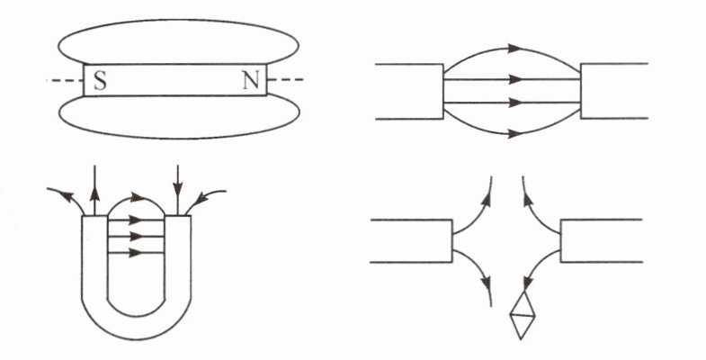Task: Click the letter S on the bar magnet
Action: pyautogui.click(x=100, y=81)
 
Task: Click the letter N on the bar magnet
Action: pyautogui.click(x=251, y=81)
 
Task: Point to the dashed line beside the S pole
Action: pyautogui.click(x=65, y=81)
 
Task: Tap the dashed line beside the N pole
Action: pyautogui.click(x=286, y=81)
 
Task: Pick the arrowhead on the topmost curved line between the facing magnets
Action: pyautogui.click(x=514, y=48)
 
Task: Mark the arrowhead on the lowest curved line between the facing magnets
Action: pyautogui.click(x=514, y=133)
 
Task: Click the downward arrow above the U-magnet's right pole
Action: pyautogui.click(x=180, y=192)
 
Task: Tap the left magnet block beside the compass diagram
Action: pyautogui.click(x=412, y=240)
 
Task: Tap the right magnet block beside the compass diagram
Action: pyautogui.click(x=601, y=240)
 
